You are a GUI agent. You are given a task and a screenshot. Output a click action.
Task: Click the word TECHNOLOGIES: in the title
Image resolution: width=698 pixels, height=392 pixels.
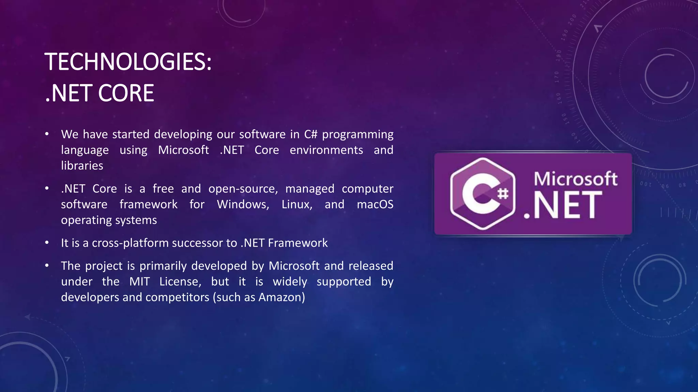pyautogui.click(x=128, y=62)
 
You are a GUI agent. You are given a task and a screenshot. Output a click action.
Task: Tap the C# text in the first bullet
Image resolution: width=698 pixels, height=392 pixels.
pyautogui.click(x=310, y=134)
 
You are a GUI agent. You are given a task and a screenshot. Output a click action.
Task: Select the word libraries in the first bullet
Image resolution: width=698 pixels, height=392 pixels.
pyautogui.click(x=82, y=166)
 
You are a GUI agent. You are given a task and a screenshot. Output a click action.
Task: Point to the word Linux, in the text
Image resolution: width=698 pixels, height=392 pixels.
pyautogui.click(x=297, y=205)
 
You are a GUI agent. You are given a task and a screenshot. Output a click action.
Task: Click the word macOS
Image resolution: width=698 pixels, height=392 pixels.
pyautogui.click(x=375, y=205)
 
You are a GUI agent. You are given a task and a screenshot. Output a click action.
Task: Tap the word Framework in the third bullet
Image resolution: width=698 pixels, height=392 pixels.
pyautogui.click(x=298, y=243)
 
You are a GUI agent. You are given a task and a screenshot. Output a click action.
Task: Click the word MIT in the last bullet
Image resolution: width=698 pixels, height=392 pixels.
pyautogui.click(x=139, y=282)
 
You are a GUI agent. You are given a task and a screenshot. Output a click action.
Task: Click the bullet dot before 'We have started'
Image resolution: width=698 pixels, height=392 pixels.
pyautogui.click(x=47, y=134)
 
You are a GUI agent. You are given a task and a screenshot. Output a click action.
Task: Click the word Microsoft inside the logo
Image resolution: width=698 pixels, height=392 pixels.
pyautogui.click(x=575, y=179)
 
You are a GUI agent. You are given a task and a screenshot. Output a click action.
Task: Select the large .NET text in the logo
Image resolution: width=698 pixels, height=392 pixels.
pyautogui.click(x=563, y=205)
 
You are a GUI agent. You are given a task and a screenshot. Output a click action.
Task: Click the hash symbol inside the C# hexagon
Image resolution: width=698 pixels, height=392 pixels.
pyautogui.click(x=503, y=194)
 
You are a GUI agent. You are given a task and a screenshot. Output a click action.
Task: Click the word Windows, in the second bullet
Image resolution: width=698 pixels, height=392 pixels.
pyautogui.click(x=243, y=205)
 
